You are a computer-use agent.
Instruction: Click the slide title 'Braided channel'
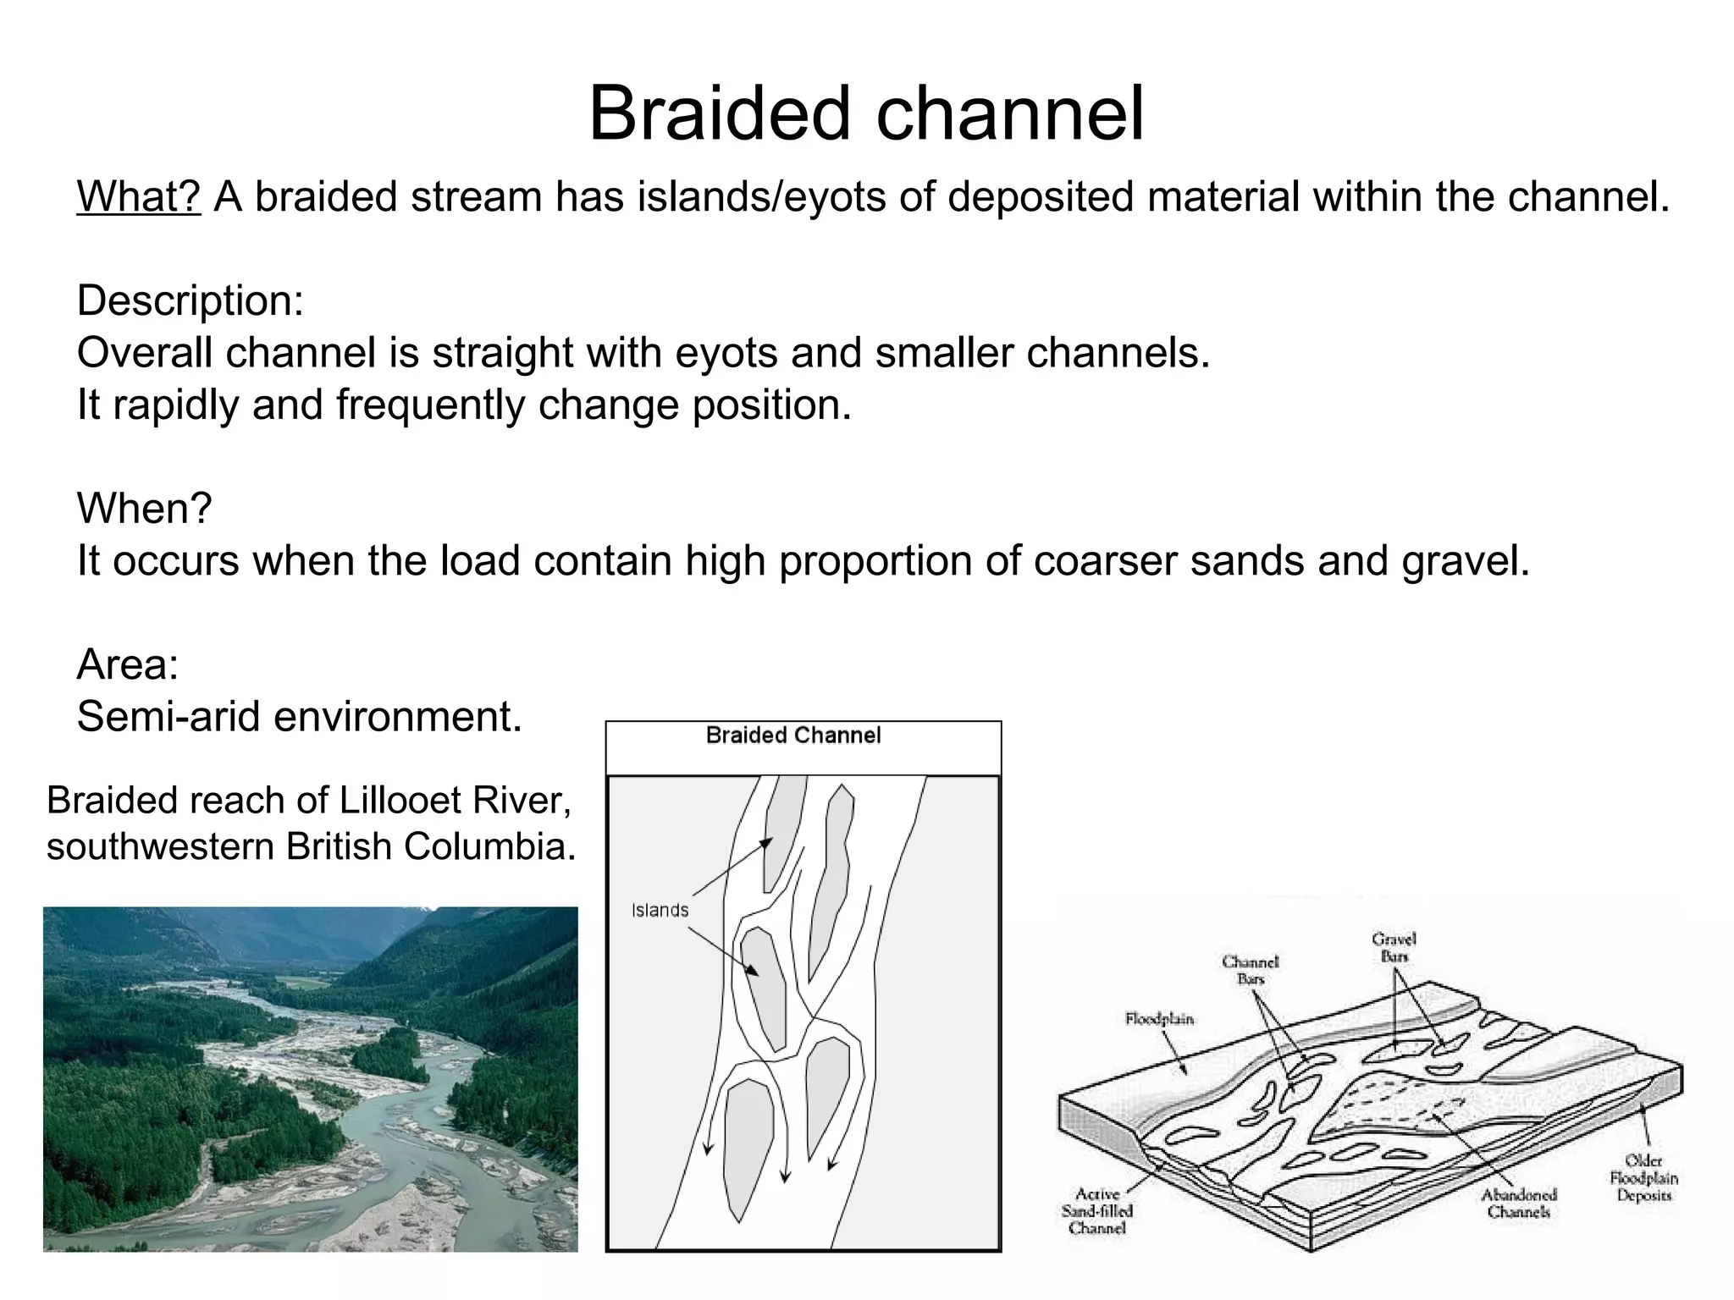866,113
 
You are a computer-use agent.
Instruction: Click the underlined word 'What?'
139,197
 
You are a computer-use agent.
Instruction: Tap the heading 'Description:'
191,300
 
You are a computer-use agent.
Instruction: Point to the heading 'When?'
144,509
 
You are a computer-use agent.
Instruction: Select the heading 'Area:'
128,664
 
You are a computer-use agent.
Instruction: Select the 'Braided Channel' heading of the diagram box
793,735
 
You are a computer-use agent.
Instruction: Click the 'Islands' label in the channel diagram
660,911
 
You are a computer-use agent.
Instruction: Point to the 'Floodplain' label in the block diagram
1159,1019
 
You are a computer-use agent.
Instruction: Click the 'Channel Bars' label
1250,970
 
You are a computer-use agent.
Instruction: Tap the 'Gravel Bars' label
1394,948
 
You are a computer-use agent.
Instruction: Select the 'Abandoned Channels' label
1519,1203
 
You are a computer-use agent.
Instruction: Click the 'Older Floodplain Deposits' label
1643,1178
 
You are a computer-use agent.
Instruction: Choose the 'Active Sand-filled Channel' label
1097,1211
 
